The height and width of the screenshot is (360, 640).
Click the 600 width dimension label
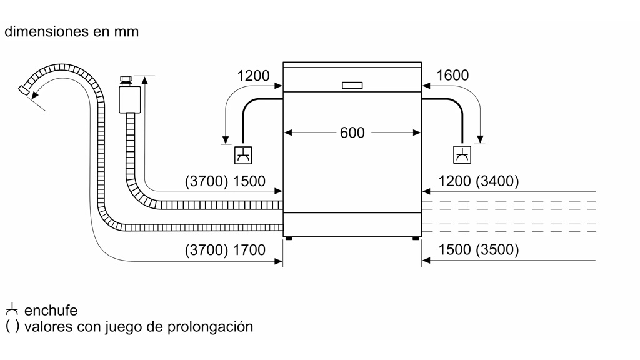tap(352, 132)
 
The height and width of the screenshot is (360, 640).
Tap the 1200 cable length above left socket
tap(253, 76)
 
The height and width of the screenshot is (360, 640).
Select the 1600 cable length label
tap(452, 76)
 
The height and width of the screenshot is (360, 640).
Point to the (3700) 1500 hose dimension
tap(225, 181)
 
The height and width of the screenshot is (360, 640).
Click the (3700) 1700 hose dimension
tap(225, 250)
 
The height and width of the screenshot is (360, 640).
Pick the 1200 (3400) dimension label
tap(479, 181)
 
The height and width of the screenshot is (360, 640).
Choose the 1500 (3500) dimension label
tap(479, 250)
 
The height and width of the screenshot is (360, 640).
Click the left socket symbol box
tap(243, 155)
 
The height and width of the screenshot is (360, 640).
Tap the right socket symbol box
tap(462, 155)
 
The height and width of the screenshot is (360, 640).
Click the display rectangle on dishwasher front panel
tap(352, 86)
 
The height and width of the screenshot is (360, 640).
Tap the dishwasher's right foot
tap(416, 238)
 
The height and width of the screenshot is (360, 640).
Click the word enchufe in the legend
tap(51, 311)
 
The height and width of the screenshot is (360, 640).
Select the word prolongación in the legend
tap(216, 326)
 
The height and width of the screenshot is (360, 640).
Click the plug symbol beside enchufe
tap(12, 310)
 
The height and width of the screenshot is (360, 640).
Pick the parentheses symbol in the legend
tap(12, 326)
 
